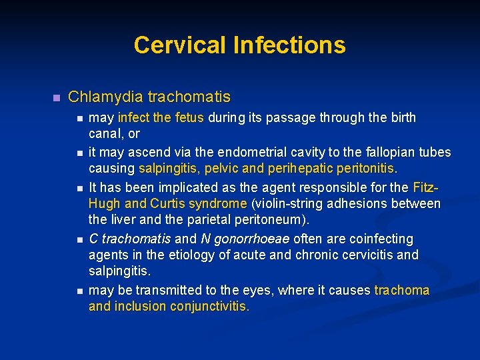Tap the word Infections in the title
click(x=289, y=45)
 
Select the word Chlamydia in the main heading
click(x=105, y=97)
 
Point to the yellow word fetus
click(x=190, y=118)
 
